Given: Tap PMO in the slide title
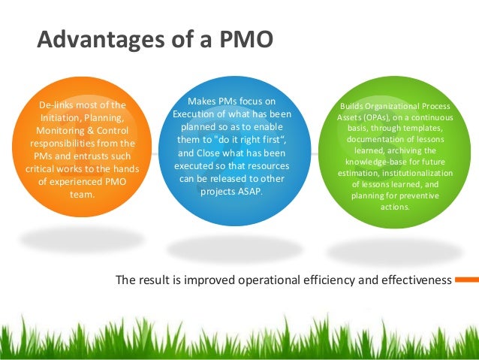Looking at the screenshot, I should tap(243, 39).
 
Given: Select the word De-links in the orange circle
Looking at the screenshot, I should tap(57, 104).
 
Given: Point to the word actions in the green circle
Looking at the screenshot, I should tap(395, 207).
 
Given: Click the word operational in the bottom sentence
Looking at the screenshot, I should tap(282, 280).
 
